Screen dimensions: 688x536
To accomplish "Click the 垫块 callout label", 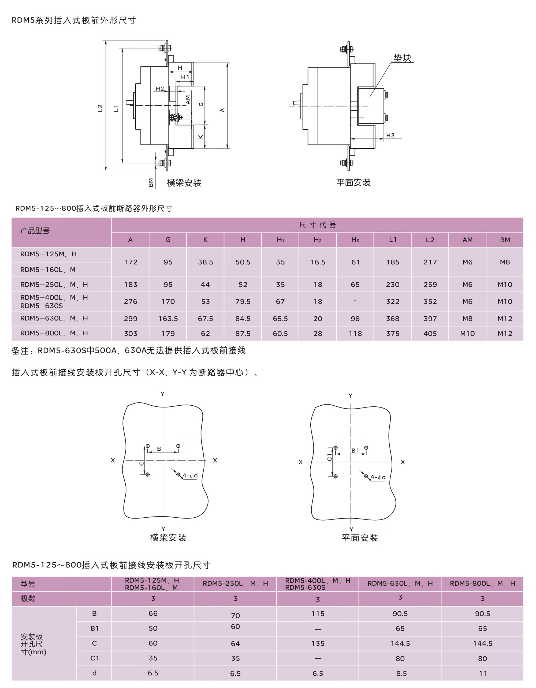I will [x=402, y=58].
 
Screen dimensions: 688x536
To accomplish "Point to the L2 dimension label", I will [x=100, y=108].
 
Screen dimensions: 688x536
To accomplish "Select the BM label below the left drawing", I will [x=151, y=182].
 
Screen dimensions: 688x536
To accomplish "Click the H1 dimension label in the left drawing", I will [x=185, y=77].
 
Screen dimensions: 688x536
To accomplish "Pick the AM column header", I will [x=467, y=240].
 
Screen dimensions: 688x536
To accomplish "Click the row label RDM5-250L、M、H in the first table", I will [x=54, y=285].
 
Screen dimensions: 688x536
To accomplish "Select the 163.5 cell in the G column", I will [x=168, y=319].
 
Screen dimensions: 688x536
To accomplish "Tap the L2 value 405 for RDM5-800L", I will [x=430, y=333].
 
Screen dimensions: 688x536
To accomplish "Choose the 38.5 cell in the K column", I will [x=206, y=262].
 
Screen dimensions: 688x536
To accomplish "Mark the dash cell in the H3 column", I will [x=355, y=301].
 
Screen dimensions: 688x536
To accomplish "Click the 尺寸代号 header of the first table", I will [x=317, y=225].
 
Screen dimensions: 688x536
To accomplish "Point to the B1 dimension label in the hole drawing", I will [x=355, y=450].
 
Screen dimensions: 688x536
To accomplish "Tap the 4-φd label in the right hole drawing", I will [x=378, y=477].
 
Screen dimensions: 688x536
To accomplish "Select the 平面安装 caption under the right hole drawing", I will [x=360, y=538].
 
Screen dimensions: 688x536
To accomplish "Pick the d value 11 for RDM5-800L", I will [x=483, y=674].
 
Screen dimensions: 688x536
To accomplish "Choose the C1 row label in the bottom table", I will [x=95, y=658].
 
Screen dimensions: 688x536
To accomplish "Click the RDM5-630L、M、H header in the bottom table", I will [x=400, y=584].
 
